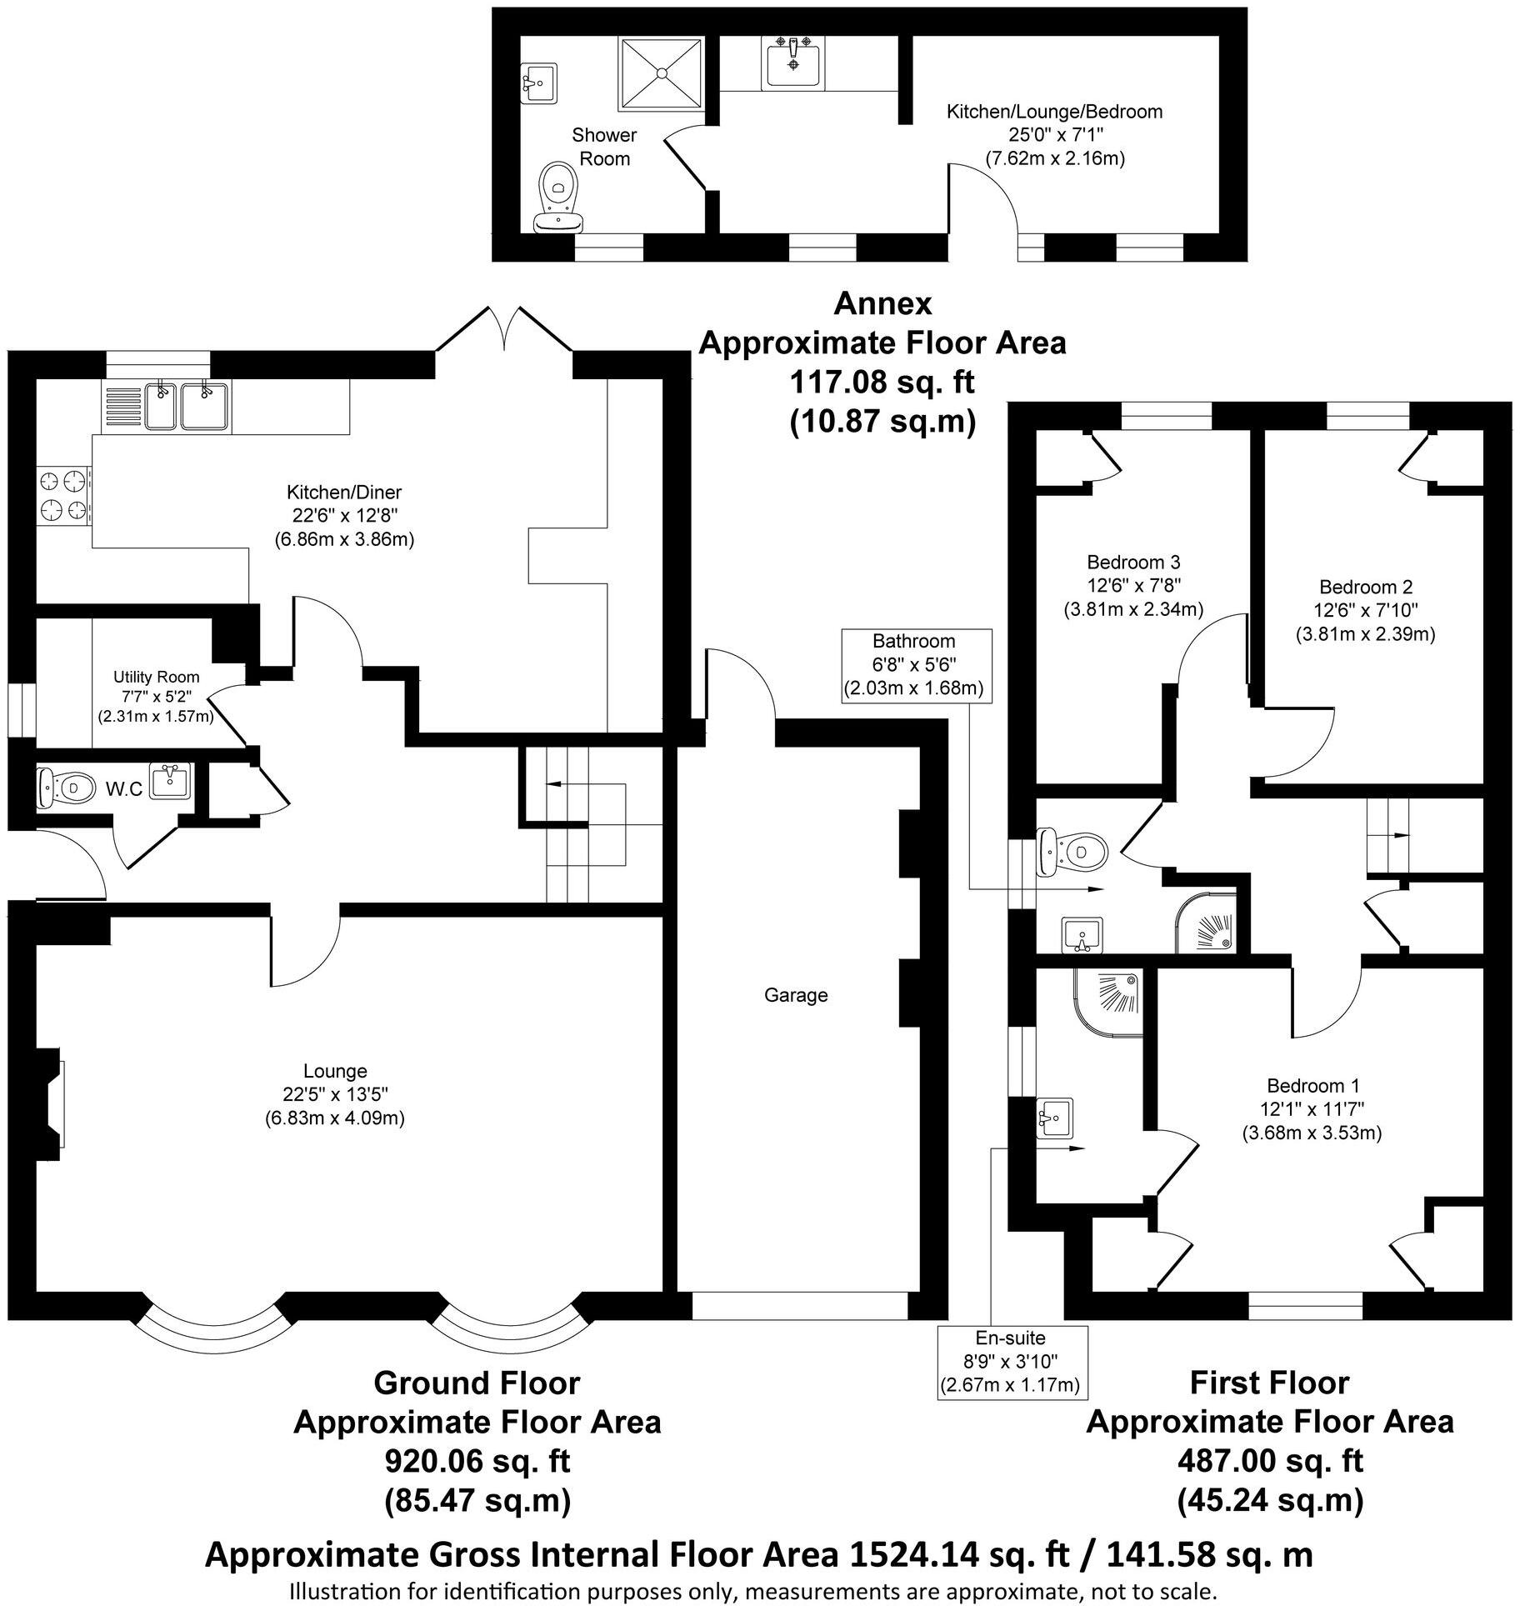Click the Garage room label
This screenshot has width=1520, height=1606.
point(796,995)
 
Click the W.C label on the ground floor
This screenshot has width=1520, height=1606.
point(123,789)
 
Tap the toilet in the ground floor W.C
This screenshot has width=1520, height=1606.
point(67,787)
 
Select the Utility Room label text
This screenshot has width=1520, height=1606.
point(157,678)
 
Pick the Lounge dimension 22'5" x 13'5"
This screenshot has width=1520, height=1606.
point(334,1094)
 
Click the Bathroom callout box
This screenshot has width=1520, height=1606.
point(913,665)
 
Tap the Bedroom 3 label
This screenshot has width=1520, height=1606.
point(1133,562)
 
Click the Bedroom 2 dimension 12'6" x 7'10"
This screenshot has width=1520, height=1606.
point(1365,610)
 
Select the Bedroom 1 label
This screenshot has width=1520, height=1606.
point(1312,1086)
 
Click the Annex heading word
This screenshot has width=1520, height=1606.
point(882,303)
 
